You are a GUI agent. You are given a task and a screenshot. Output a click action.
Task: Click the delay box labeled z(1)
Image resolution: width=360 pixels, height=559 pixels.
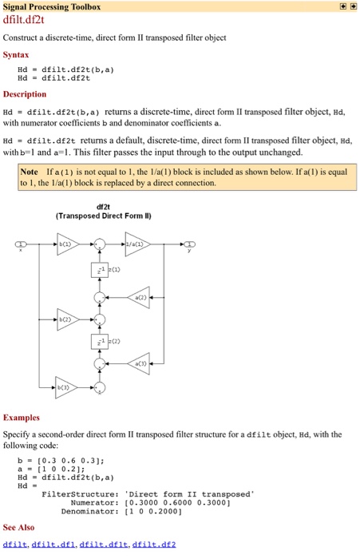pyautogui.click(x=100, y=269)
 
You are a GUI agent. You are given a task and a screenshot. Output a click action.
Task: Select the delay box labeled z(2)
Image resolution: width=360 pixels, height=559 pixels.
pyautogui.click(x=100, y=341)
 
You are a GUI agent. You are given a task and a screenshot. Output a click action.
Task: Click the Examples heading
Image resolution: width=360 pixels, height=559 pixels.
pyautogui.click(x=22, y=417)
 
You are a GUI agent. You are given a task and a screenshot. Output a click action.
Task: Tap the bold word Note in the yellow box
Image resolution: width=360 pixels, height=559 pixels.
pyautogui.click(x=30, y=172)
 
